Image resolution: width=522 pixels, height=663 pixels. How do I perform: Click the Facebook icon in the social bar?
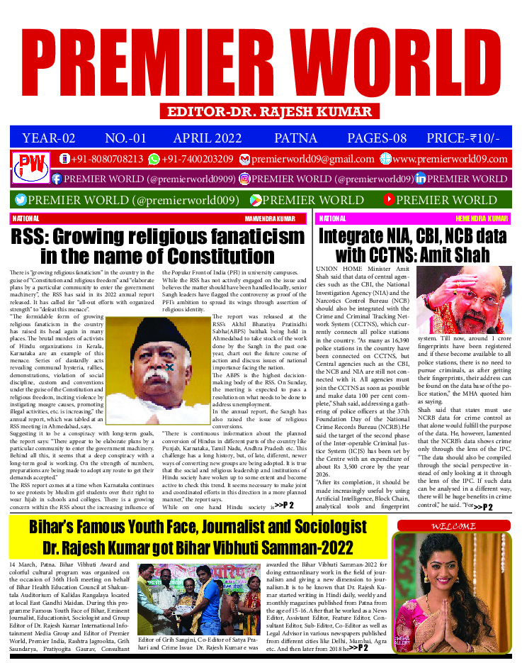[x=57, y=179]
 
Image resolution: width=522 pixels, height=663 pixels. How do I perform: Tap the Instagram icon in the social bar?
[x=245, y=179]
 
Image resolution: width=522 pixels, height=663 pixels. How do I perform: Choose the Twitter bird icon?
[x=21, y=200]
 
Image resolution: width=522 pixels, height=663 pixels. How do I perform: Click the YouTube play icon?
[x=388, y=200]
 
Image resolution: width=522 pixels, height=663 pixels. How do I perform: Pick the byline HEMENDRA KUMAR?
[x=482, y=218]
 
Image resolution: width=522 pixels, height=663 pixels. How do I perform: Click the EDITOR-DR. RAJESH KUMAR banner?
[x=268, y=111]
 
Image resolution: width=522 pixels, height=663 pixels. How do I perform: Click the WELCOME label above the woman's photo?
[x=454, y=526]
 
